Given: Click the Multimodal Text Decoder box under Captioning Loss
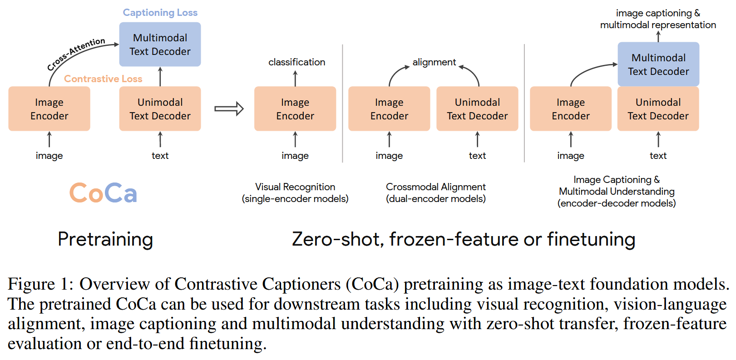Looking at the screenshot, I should (x=160, y=44).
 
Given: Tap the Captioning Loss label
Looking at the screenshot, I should (x=160, y=13).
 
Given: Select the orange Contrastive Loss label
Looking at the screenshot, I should (x=103, y=79).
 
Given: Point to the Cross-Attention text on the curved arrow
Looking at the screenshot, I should (x=76, y=54).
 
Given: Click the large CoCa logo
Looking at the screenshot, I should (x=103, y=193).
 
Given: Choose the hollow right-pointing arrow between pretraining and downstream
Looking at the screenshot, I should (x=229, y=109).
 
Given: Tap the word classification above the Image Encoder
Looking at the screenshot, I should (x=296, y=62).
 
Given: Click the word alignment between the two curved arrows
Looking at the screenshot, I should (x=434, y=62).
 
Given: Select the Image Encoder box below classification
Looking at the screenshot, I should (x=295, y=109).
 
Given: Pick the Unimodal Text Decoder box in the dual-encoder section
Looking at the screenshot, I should (x=477, y=109).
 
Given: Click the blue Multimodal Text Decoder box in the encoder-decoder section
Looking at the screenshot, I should (x=658, y=64).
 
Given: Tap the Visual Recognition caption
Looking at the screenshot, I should (x=295, y=187).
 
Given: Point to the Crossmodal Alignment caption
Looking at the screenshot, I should (x=435, y=187).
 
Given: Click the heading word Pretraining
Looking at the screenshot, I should (x=105, y=239).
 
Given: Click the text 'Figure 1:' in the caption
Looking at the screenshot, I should (x=40, y=284).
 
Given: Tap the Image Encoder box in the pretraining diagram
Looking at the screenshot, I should (x=49, y=109).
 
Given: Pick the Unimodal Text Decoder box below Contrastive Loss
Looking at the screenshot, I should (x=160, y=109).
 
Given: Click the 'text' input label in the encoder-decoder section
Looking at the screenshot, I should (x=658, y=156).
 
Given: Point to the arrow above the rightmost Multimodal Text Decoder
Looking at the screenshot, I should (x=658, y=36).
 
